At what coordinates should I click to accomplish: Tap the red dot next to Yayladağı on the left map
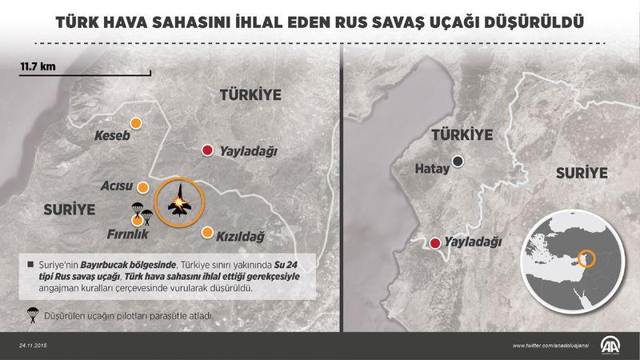click(x=207, y=150)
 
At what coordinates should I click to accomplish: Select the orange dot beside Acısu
click(x=143, y=187)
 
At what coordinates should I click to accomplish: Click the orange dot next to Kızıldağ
click(x=207, y=233)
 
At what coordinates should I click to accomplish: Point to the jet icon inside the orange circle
click(x=179, y=200)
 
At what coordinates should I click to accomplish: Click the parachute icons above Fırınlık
click(x=141, y=212)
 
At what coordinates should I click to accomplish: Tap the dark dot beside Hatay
click(x=458, y=161)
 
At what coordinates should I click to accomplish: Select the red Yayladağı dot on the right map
click(x=434, y=242)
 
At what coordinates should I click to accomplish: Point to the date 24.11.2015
click(x=36, y=346)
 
